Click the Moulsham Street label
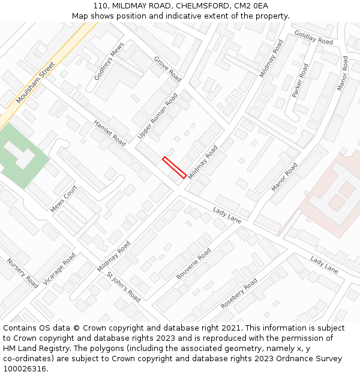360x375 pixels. [35, 83]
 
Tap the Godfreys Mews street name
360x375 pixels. [109, 61]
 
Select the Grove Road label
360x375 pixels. [167, 69]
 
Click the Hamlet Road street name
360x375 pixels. [110, 133]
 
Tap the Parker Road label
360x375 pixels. [300, 80]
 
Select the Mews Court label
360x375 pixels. [64, 199]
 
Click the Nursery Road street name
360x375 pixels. [22, 273]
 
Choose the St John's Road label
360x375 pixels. [123, 287]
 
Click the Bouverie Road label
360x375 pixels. [193, 265]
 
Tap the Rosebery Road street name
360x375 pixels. [239, 293]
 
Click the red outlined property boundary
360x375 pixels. [174, 167]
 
